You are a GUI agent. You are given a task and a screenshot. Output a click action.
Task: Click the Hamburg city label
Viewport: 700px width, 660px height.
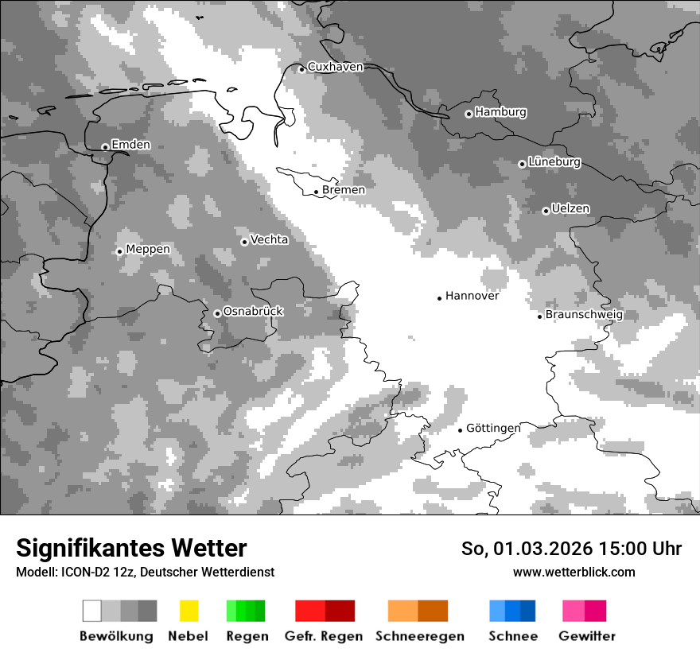[x=500, y=112]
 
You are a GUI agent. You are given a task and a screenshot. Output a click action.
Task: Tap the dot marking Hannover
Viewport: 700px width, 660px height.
[x=439, y=298]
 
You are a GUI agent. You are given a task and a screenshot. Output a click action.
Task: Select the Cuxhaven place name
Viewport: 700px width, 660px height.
[x=335, y=67]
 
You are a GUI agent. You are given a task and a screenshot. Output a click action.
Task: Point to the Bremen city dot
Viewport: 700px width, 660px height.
[x=316, y=192]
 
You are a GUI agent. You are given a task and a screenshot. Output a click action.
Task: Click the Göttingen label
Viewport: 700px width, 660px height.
[x=493, y=428]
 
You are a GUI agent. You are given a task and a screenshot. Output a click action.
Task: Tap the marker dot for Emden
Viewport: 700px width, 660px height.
[x=105, y=146]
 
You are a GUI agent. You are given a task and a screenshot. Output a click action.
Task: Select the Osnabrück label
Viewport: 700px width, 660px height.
[x=253, y=311]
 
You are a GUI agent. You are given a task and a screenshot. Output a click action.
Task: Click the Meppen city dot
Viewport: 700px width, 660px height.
[x=119, y=251]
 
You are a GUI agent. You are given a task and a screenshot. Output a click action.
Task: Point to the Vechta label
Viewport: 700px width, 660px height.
[x=269, y=239]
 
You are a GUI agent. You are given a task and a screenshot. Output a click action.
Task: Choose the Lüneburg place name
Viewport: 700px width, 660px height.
[x=554, y=161]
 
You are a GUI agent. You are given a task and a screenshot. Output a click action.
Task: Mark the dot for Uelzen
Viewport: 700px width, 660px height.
[x=546, y=211]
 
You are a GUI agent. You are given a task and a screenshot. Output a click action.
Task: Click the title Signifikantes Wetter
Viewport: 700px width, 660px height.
[x=131, y=548]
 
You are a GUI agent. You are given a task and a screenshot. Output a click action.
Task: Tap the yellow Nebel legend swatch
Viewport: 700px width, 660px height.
[x=189, y=611]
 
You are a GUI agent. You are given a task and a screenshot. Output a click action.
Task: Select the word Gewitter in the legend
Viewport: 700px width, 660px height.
[x=587, y=636]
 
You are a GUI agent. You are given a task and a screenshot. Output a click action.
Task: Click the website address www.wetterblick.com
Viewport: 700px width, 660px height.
[x=574, y=573]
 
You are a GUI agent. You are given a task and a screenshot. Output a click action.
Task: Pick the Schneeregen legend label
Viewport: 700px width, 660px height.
[x=420, y=636]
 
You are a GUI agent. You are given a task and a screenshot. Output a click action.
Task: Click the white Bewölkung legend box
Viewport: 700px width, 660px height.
[x=92, y=611]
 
